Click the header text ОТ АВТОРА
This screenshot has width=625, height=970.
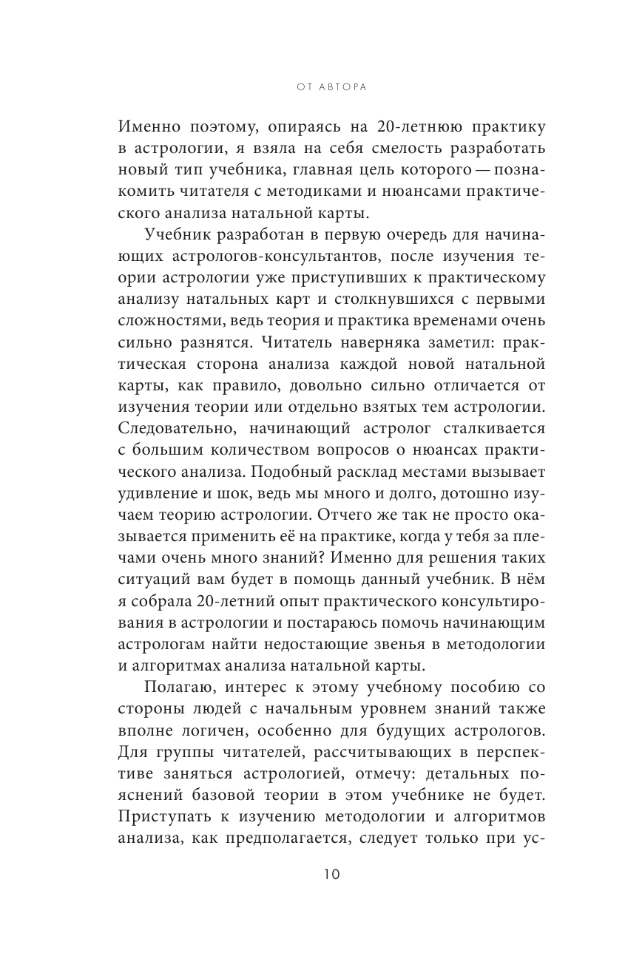tap(312, 87)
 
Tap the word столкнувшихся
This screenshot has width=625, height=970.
tap(411, 316)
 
